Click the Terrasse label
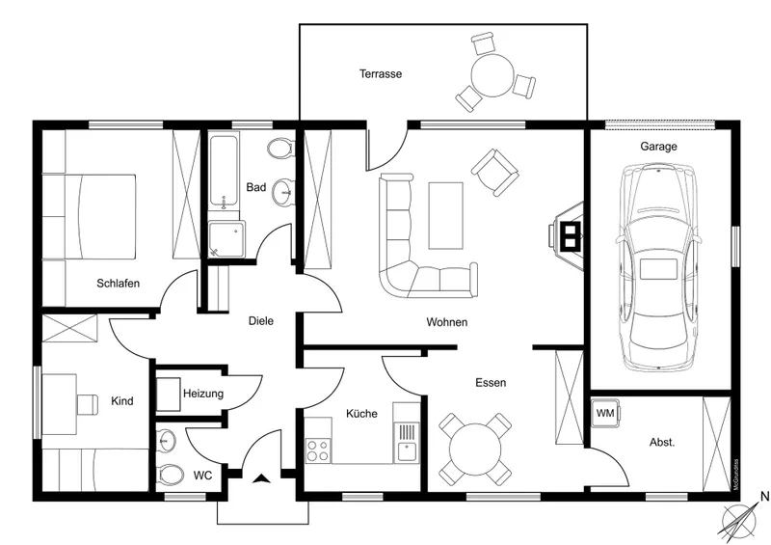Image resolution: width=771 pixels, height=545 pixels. coord(381,73)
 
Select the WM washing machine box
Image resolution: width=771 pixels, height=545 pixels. coord(605,413)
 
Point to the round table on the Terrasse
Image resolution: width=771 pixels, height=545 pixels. coord(492,73)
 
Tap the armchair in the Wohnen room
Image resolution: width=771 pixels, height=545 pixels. coord(495,173)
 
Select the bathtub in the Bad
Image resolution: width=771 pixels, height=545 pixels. coord(224,174)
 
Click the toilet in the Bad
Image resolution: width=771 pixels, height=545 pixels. coord(280,149)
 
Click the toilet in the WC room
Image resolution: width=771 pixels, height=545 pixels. coord(170,475)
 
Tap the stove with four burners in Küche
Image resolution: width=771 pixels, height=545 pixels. coord(317,450)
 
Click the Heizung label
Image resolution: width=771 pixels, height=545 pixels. coord(203,394)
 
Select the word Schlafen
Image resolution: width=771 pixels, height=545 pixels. coord(119,284)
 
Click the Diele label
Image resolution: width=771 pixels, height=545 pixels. coord(261,321)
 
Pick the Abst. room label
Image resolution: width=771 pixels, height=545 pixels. coord(662,442)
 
